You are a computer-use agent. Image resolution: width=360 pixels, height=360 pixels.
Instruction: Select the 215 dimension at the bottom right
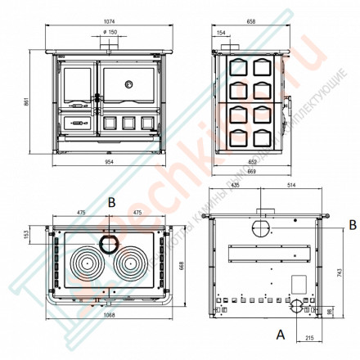tap(310, 338)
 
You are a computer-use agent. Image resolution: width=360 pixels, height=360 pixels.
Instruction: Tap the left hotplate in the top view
tap(88, 265)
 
